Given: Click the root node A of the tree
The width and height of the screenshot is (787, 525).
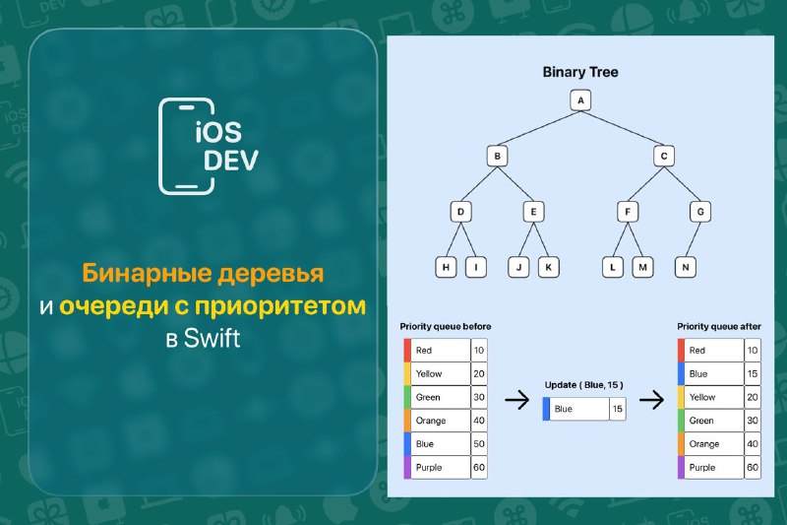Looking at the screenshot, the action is click(x=580, y=99).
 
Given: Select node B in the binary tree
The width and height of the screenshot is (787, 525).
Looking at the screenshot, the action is click(x=497, y=156).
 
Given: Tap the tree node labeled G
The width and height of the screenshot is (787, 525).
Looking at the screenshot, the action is click(x=700, y=212).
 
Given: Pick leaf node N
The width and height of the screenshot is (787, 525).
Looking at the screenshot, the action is click(x=686, y=267).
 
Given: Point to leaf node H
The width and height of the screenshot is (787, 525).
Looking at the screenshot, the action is click(x=446, y=267).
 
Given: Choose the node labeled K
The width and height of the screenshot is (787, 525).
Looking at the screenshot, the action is click(x=548, y=267).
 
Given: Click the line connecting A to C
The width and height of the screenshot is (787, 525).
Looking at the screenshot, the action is click(x=623, y=128).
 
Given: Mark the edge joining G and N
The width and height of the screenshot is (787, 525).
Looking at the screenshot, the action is click(x=694, y=239).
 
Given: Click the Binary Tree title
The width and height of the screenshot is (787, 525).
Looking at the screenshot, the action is click(x=580, y=72).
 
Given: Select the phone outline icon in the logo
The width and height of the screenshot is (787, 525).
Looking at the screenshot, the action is click(x=186, y=146).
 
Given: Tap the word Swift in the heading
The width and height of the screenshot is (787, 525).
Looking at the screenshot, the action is click(x=212, y=338).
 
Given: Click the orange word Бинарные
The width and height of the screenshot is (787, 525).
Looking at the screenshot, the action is click(x=147, y=273).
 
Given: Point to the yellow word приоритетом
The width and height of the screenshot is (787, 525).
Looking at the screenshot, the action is click(x=280, y=306).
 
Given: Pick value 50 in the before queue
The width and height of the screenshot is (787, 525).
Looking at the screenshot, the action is click(x=479, y=444).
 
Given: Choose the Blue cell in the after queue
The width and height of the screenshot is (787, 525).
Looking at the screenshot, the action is click(x=710, y=373).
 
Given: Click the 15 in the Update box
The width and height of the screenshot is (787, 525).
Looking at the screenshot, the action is click(x=618, y=409).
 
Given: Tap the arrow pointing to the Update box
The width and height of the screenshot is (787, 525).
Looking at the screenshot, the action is click(x=517, y=401).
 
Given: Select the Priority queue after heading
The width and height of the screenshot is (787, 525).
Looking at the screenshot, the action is click(x=719, y=327).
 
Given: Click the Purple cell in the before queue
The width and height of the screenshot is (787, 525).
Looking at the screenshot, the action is click(x=437, y=467).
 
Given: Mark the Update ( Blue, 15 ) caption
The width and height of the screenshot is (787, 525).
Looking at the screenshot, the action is click(x=583, y=385).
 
